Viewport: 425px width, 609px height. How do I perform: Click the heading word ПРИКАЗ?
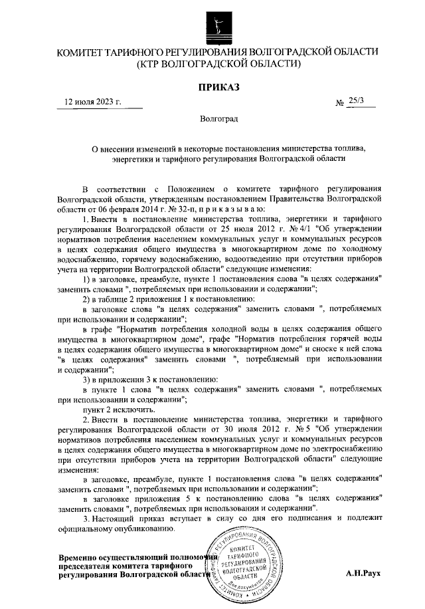217,86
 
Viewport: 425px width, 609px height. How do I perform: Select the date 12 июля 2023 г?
93,102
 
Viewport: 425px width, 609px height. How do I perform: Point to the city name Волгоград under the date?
217,118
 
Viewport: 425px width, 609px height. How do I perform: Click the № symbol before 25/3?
340,102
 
